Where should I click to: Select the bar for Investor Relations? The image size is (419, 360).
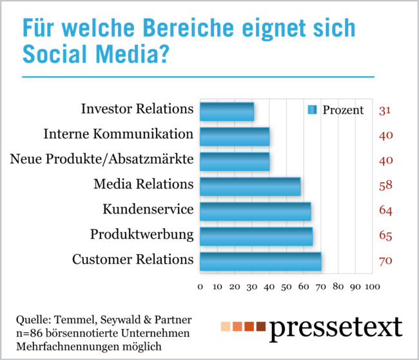(x=227, y=111)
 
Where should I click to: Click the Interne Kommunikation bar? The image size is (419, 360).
(x=235, y=136)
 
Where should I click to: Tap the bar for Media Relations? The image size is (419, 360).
(x=250, y=186)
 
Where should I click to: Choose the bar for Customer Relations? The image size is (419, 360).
(x=260, y=261)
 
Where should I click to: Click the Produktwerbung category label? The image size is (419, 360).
(x=142, y=234)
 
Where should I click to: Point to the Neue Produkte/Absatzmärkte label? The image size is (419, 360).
(x=102, y=159)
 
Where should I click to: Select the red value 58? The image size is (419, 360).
(x=386, y=186)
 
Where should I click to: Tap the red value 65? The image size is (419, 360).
(x=386, y=236)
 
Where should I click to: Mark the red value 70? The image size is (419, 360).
(x=386, y=261)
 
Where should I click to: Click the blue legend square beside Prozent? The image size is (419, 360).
(x=313, y=110)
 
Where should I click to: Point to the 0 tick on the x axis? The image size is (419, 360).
(x=200, y=286)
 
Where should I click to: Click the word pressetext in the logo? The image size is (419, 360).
(x=336, y=328)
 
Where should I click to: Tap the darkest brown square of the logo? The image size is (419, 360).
(x=261, y=326)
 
